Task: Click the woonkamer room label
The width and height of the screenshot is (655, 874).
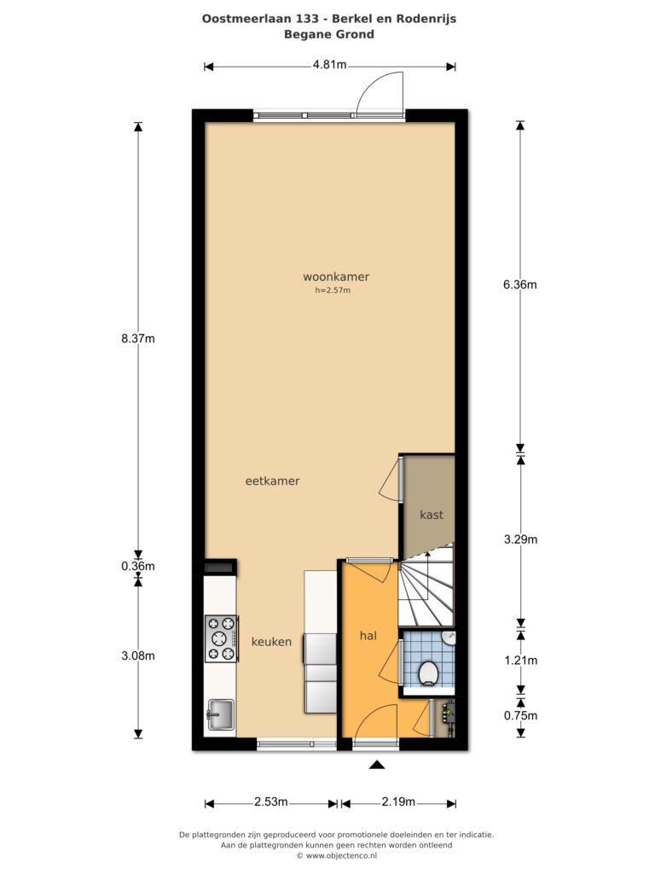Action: coord(336,277)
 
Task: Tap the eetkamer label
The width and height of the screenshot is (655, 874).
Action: coord(272,481)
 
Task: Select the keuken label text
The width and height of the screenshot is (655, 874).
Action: coord(271,642)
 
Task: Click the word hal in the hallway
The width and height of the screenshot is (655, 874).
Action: coord(368,635)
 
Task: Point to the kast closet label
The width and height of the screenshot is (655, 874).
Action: coord(432,515)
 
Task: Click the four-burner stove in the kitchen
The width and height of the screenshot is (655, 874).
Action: coord(222,638)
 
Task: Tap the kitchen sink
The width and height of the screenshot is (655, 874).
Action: coord(221,714)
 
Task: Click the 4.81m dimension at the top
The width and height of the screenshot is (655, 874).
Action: coord(329,65)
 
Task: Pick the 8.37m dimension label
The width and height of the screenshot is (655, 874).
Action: coord(138,338)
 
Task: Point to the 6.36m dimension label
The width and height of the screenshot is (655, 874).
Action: coord(520,285)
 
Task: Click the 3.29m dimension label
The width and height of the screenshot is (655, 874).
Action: coord(521,539)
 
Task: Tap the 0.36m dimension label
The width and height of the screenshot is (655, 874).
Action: coord(138,567)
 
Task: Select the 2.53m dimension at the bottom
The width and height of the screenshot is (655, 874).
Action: coord(271,802)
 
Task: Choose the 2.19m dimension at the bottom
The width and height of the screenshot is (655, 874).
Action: coord(398,802)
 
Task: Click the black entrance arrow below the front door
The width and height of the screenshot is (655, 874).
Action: coord(377,765)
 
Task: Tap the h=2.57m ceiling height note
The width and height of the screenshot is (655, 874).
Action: coord(333,290)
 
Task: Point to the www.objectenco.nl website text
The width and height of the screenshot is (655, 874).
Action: coord(341,855)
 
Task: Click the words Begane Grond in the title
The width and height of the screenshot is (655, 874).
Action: coord(329,34)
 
